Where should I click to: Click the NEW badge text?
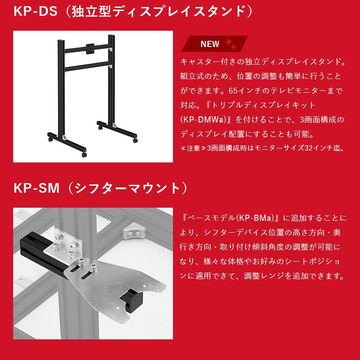click(209, 44)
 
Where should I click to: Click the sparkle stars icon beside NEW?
click(230, 43)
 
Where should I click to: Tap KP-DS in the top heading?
click(35, 11)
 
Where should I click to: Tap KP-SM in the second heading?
click(36, 187)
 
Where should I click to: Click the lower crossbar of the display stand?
click(86, 68)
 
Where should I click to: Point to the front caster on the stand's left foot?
click(83, 155)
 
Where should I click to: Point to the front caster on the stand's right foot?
click(135, 140)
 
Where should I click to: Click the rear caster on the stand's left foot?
click(50, 140)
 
